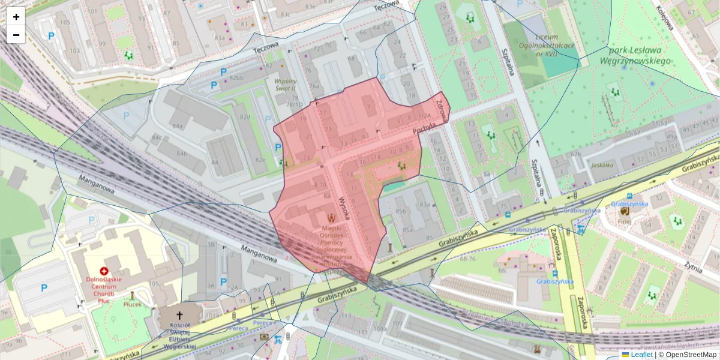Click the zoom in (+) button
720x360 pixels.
[x=16, y=17]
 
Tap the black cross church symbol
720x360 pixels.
[x=179, y=316]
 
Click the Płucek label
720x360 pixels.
[x=132, y=304]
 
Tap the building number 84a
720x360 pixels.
[x=178, y=126]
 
